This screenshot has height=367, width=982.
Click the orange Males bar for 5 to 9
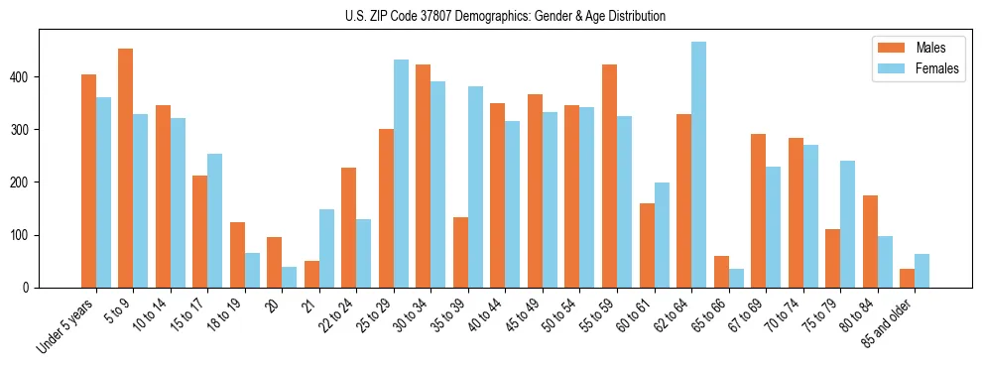125,169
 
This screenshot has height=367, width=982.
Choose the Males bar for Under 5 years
88,181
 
